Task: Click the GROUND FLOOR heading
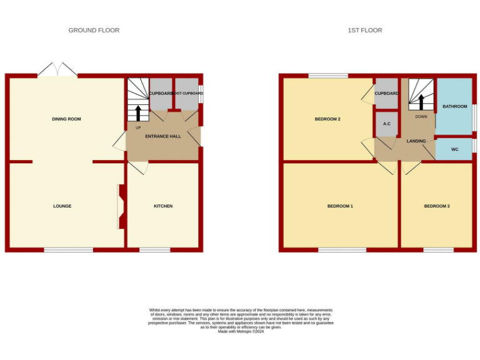94,30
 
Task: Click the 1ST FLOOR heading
365,30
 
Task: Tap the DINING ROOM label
66,119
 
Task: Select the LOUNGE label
62,206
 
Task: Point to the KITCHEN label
163,206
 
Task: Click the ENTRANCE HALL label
162,136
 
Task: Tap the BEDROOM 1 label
340,206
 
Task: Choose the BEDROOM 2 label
327,119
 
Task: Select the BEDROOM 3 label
437,206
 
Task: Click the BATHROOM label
454,106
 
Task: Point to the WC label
454,149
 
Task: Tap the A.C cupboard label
386,124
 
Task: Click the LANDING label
416,141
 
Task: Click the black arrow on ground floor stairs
138,112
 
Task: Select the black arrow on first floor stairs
421,101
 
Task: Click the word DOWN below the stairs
421,117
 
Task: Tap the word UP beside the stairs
138,127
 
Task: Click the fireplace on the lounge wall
121,206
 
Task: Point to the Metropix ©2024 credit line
241,331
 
